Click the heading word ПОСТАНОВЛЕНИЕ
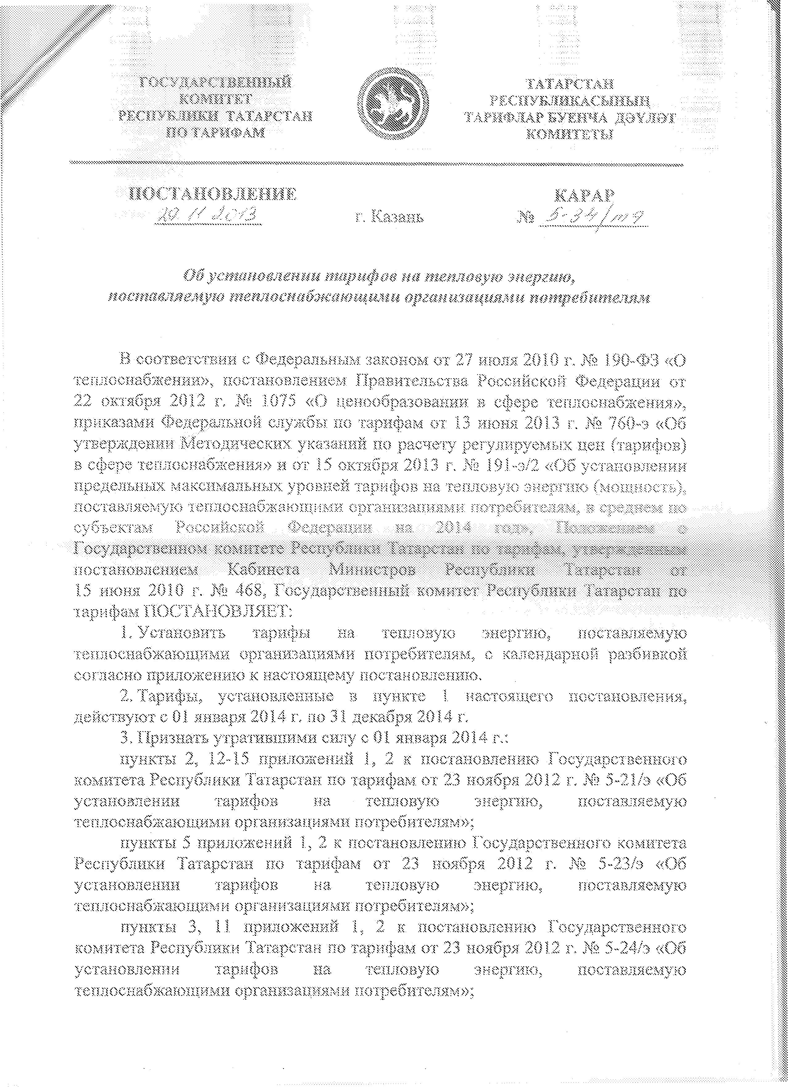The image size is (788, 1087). pos(211,194)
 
